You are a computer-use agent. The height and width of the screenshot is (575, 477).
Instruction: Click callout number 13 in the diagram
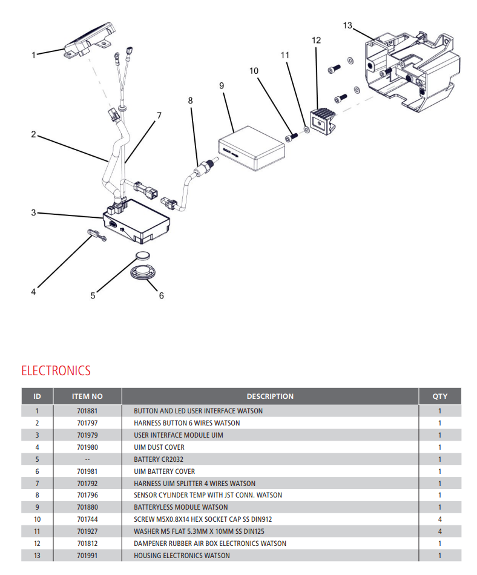coord(347,25)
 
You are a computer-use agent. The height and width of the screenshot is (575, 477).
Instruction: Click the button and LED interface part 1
coord(90,40)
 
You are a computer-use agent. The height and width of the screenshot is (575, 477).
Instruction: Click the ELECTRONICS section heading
coord(56,370)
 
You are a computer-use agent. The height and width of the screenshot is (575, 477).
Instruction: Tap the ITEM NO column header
coord(87,396)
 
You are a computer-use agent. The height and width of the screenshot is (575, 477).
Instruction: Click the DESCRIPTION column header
coord(270,396)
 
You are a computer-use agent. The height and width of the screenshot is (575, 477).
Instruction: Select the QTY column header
coord(439,396)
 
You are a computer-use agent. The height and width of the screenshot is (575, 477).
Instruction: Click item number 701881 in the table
coord(87,411)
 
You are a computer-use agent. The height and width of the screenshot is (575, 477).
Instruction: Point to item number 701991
coord(87,556)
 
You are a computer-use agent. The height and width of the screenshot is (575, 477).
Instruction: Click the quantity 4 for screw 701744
coord(439,519)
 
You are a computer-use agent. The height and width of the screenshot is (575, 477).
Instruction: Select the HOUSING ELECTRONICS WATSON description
coord(182,556)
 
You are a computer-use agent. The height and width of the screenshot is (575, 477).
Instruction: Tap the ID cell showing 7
coord(37,484)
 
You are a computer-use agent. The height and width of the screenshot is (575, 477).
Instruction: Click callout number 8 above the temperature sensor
coord(191,101)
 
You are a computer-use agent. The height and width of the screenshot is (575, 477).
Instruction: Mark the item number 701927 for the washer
coord(87,531)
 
